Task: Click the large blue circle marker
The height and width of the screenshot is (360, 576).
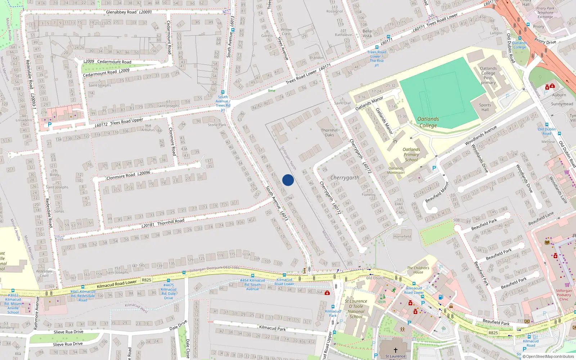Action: tap(288, 180)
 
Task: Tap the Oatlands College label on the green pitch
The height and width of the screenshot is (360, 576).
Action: tap(428, 122)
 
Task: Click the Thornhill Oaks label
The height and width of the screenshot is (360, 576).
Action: tap(329, 132)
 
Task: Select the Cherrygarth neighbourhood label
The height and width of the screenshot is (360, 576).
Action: tap(345, 177)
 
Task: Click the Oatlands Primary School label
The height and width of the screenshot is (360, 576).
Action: tap(411, 154)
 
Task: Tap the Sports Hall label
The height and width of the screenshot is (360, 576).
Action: tap(485, 107)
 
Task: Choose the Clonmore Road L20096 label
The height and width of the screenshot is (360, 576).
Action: tap(128, 175)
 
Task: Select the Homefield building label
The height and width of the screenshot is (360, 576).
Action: tap(402, 237)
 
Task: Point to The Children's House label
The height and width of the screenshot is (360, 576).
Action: tap(418, 270)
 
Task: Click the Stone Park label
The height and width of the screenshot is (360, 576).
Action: tap(217, 125)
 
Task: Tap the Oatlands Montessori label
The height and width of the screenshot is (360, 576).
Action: tap(396, 170)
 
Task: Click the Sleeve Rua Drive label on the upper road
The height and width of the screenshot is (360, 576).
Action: tap(68, 332)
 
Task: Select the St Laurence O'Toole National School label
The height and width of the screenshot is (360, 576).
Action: tap(356, 309)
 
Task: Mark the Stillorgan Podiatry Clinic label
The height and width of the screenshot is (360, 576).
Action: tap(564, 295)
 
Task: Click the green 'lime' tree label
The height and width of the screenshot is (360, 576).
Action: tap(271, 91)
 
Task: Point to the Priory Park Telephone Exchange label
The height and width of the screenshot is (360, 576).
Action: tap(545, 13)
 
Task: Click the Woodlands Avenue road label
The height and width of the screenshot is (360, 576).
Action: tap(481, 135)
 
